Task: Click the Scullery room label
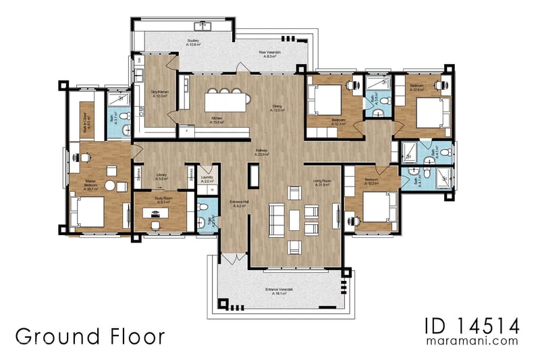click(x=193, y=43)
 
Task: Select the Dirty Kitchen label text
click(x=159, y=94)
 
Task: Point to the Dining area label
click(x=277, y=108)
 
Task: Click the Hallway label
click(x=262, y=153)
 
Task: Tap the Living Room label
click(x=321, y=182)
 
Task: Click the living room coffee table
click(x=294, y=218)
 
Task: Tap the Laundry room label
click(x=207, y=180)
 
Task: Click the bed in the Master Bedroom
click(x=87, y=211)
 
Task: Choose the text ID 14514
click(x=472, y=328)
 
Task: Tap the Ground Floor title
click(x=90, y=336)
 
